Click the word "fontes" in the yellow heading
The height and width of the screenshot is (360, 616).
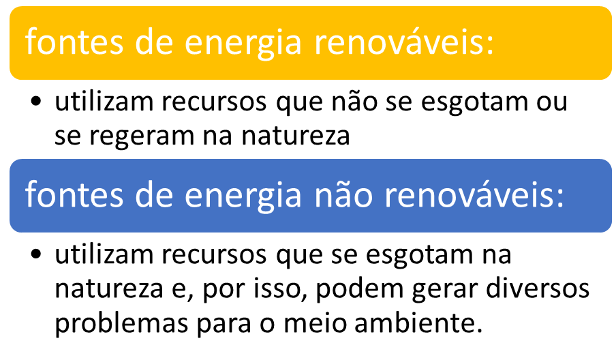pyautogui.click(x=74, y=42)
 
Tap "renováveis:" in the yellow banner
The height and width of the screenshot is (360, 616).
pyautogui.click(x=404, y=42)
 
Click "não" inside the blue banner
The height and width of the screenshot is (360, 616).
pyautogui.click(x=343, y=194)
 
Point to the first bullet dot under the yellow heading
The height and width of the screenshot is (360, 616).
pyautogui.click(x=35, y=102)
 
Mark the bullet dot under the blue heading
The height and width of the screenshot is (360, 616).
pyautogui.click(x=35, y=254)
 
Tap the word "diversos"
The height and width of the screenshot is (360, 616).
pyautogui.click(x=538, y=288)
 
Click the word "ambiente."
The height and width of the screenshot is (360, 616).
pyautogui.click(x=418, y=322)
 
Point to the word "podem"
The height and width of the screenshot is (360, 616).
pyautogui.click(x=360, y=288)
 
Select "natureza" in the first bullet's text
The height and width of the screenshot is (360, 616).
pyautogui.click(x=296, y=136)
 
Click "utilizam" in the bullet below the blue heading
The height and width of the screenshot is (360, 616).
pyautogui.click(x=104, y=254)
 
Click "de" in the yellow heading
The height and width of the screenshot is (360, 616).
pyautogui.click(x=154, y=42)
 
